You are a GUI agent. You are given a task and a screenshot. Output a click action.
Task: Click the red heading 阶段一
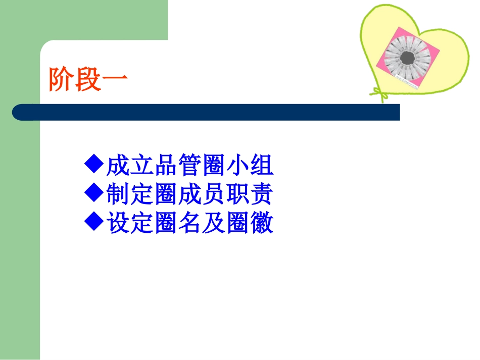point(88,80)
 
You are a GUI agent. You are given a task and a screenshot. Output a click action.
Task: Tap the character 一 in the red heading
point(115,80)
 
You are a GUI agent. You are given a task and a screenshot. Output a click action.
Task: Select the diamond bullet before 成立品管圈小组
point(94,164)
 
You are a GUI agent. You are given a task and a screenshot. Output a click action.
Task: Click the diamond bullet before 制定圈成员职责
point(94,193)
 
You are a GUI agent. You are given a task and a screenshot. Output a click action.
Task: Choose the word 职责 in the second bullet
point(258,194)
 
